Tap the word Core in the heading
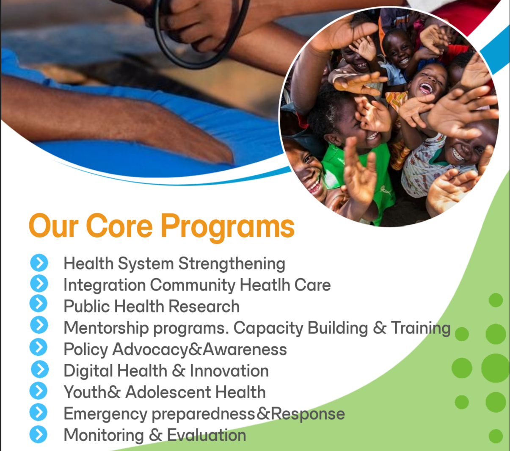pos(119,225)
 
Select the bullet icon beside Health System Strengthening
pos(39,263)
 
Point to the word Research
pos(204,306)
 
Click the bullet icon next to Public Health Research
pos(39,303)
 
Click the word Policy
pos(86,350)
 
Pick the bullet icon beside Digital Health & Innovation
pos(40,369)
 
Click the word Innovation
pos(229,371)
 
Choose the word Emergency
pos(105,415)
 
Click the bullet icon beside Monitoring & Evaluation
pos(38,434)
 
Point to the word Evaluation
pos(207,435)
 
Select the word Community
pos(193,285)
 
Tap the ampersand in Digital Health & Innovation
pos(179,371)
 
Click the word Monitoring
pos(104,436)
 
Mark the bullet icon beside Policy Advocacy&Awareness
pos(38,347)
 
